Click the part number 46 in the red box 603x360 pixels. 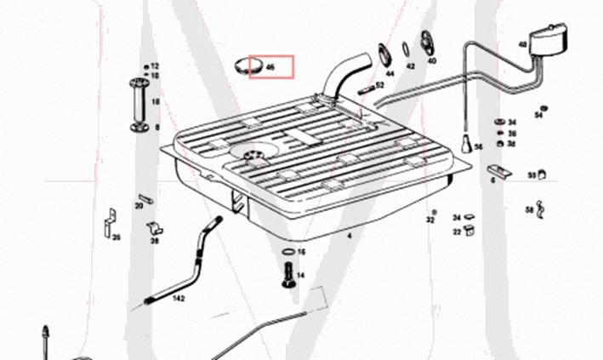270,66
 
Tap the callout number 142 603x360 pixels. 179,299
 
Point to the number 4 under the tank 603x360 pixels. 348,233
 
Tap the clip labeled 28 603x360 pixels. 155,228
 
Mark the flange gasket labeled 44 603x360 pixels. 382,53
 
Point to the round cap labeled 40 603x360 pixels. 429,47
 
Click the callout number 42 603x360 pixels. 410,66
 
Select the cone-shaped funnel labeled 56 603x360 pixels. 466,142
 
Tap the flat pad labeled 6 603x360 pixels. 500,172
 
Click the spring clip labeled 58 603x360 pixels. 540,208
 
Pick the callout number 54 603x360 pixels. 538,116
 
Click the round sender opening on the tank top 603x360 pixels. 253,153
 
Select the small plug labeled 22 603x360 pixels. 468,230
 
